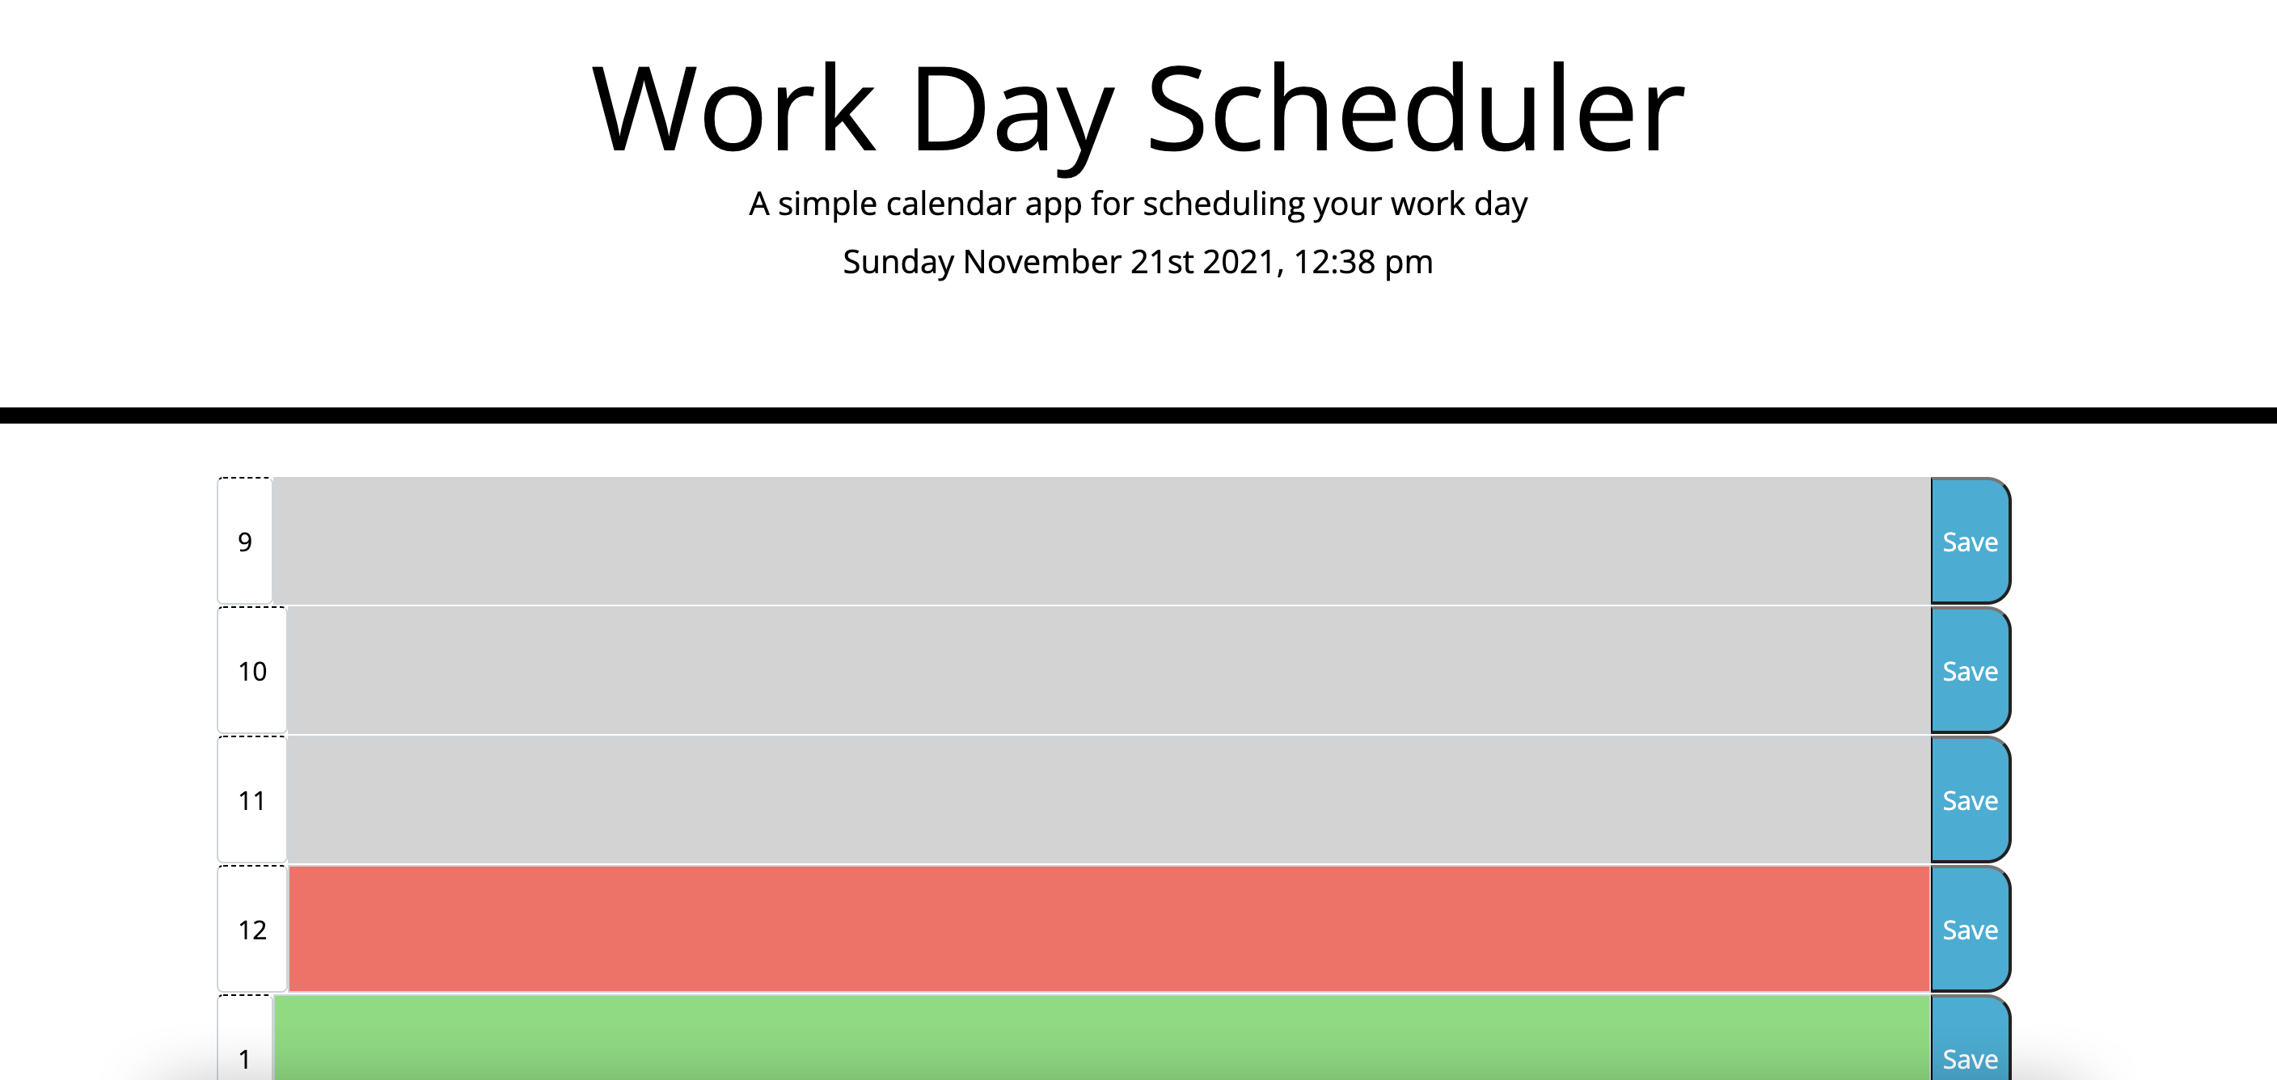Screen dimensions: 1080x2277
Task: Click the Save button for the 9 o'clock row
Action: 1970,541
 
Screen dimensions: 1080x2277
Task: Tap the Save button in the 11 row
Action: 1970,799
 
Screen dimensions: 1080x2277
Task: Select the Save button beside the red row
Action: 1970,929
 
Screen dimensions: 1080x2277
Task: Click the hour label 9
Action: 245,542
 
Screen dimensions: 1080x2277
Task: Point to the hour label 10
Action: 252,672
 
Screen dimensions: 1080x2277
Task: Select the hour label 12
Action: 252,930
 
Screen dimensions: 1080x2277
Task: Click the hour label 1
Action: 245,1058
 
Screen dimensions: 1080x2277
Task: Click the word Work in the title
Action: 733,110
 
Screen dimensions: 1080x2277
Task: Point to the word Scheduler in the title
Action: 1414,110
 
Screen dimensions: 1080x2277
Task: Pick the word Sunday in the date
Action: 898,263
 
